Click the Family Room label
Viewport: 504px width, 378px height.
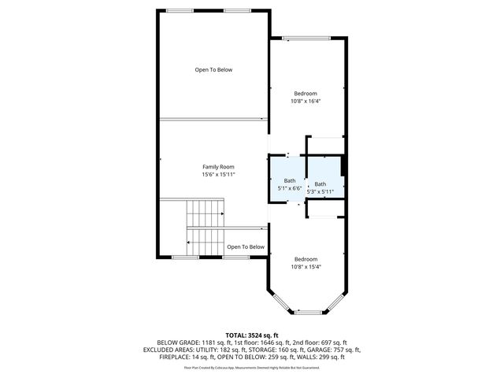[x=218, y=167]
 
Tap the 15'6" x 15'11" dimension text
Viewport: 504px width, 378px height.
[x=218, y=174]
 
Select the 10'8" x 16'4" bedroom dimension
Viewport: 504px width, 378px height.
[x=306, y=101]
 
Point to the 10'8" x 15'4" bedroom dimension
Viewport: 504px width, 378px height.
[x=306, y=266]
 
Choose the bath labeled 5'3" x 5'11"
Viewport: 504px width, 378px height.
[x=320, y=187]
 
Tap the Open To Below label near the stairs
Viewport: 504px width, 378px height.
[x=246, y=247]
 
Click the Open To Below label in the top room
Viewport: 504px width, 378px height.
[x=213, y=70]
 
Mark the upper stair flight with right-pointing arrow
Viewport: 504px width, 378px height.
[x=205, y=213]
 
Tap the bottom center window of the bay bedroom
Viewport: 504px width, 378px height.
[x=307, y=313]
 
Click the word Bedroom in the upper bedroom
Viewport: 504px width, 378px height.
[x=306, y=93]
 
